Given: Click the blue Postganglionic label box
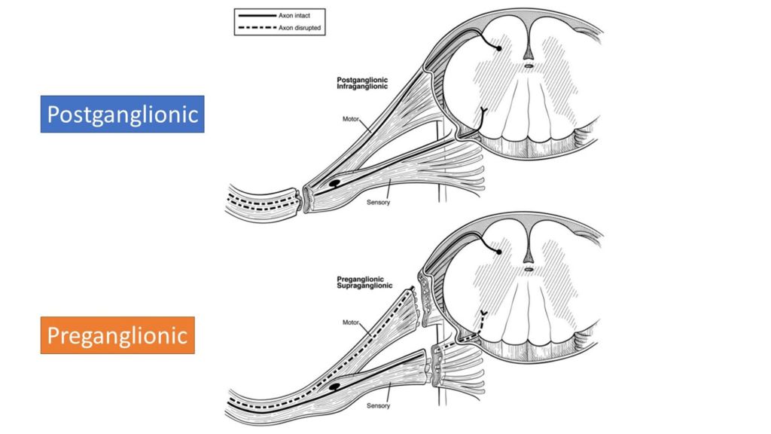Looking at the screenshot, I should pos(122,114).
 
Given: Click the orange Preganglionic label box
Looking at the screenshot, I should pos(117,335).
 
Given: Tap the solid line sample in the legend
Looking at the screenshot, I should pos(254,14).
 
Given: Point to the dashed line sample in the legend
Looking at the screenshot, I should pos(254,29).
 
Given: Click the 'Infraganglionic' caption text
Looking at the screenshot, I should pos(361,87).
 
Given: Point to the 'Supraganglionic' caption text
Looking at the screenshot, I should pos(364,286).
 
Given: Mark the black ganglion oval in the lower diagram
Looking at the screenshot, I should pos(331,386).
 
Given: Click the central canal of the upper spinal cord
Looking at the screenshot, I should pos(529,66).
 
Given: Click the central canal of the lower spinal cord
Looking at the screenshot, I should pos(529,267).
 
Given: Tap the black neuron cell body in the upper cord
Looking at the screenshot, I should pos(498,48).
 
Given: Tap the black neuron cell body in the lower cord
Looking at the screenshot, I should pos(498,250).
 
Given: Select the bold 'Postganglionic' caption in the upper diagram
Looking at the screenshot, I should pos(362,79).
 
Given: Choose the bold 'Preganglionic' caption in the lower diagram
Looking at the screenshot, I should pos(361,280).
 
